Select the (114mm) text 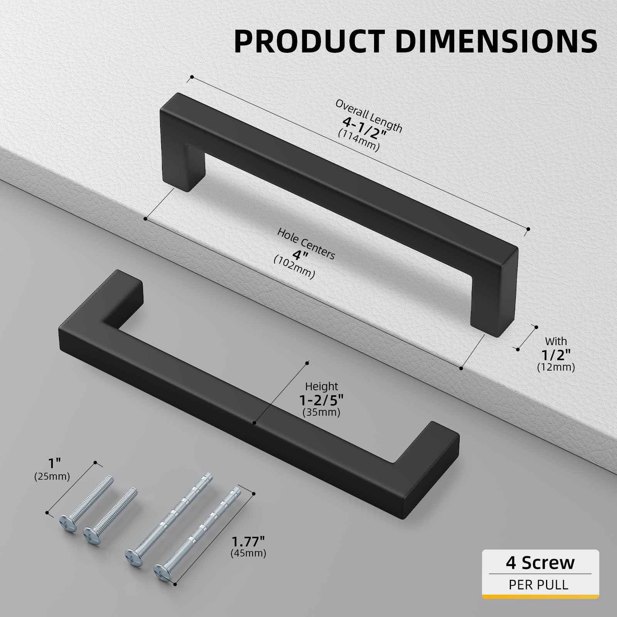coord(358,140)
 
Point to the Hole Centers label coord(306,243)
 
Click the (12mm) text coord(556,367)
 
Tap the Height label coord(321,386)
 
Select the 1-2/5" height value coord(321,400)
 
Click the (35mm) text coord(321,412)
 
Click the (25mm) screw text coord(52,477)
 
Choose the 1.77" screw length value coord(248,541)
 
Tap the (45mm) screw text coord(248,553)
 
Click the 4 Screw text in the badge coord(540,563)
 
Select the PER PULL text coord(538,585)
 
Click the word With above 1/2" coord(556,341)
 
